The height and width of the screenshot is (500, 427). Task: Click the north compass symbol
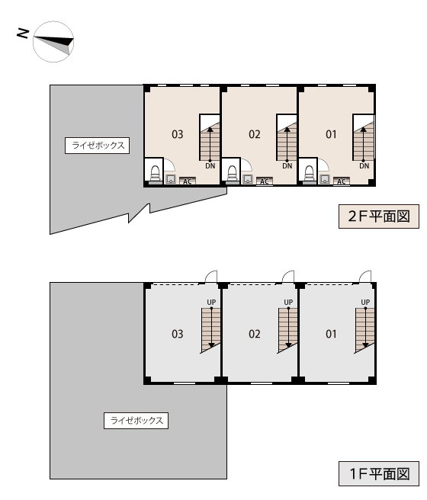(x=53, y=42)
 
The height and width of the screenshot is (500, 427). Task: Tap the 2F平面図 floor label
(x=379, y=216)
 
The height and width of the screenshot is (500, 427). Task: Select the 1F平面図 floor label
(x=379, y=473)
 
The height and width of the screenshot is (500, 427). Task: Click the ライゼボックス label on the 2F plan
(x=98, y=146)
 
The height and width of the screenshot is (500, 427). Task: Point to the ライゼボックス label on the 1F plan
(x=136, y=420)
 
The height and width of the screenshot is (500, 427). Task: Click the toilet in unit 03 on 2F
(x=155, y=174)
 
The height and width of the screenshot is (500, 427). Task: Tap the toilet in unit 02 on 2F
(x=232, y=174)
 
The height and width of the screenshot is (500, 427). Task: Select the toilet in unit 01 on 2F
(x=309, y=174)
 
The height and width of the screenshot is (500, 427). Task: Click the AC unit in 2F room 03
(x=187, y=181)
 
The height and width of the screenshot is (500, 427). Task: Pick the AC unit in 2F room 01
(x=341, y=181)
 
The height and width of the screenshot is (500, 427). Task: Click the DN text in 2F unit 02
(x=287, y=166)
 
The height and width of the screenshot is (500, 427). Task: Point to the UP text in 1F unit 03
(x=211, y=302)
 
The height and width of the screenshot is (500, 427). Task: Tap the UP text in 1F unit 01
(x=365, y=302)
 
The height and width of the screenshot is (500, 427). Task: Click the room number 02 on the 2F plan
(x=255, y=134)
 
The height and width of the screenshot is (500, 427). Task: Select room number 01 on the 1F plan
(x=331, y=334)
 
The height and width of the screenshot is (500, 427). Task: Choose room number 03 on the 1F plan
(x=178, y=334)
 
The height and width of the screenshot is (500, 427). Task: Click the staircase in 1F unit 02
(x=287, y=330)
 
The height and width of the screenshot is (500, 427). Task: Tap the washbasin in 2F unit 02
(x=248, y=179)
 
